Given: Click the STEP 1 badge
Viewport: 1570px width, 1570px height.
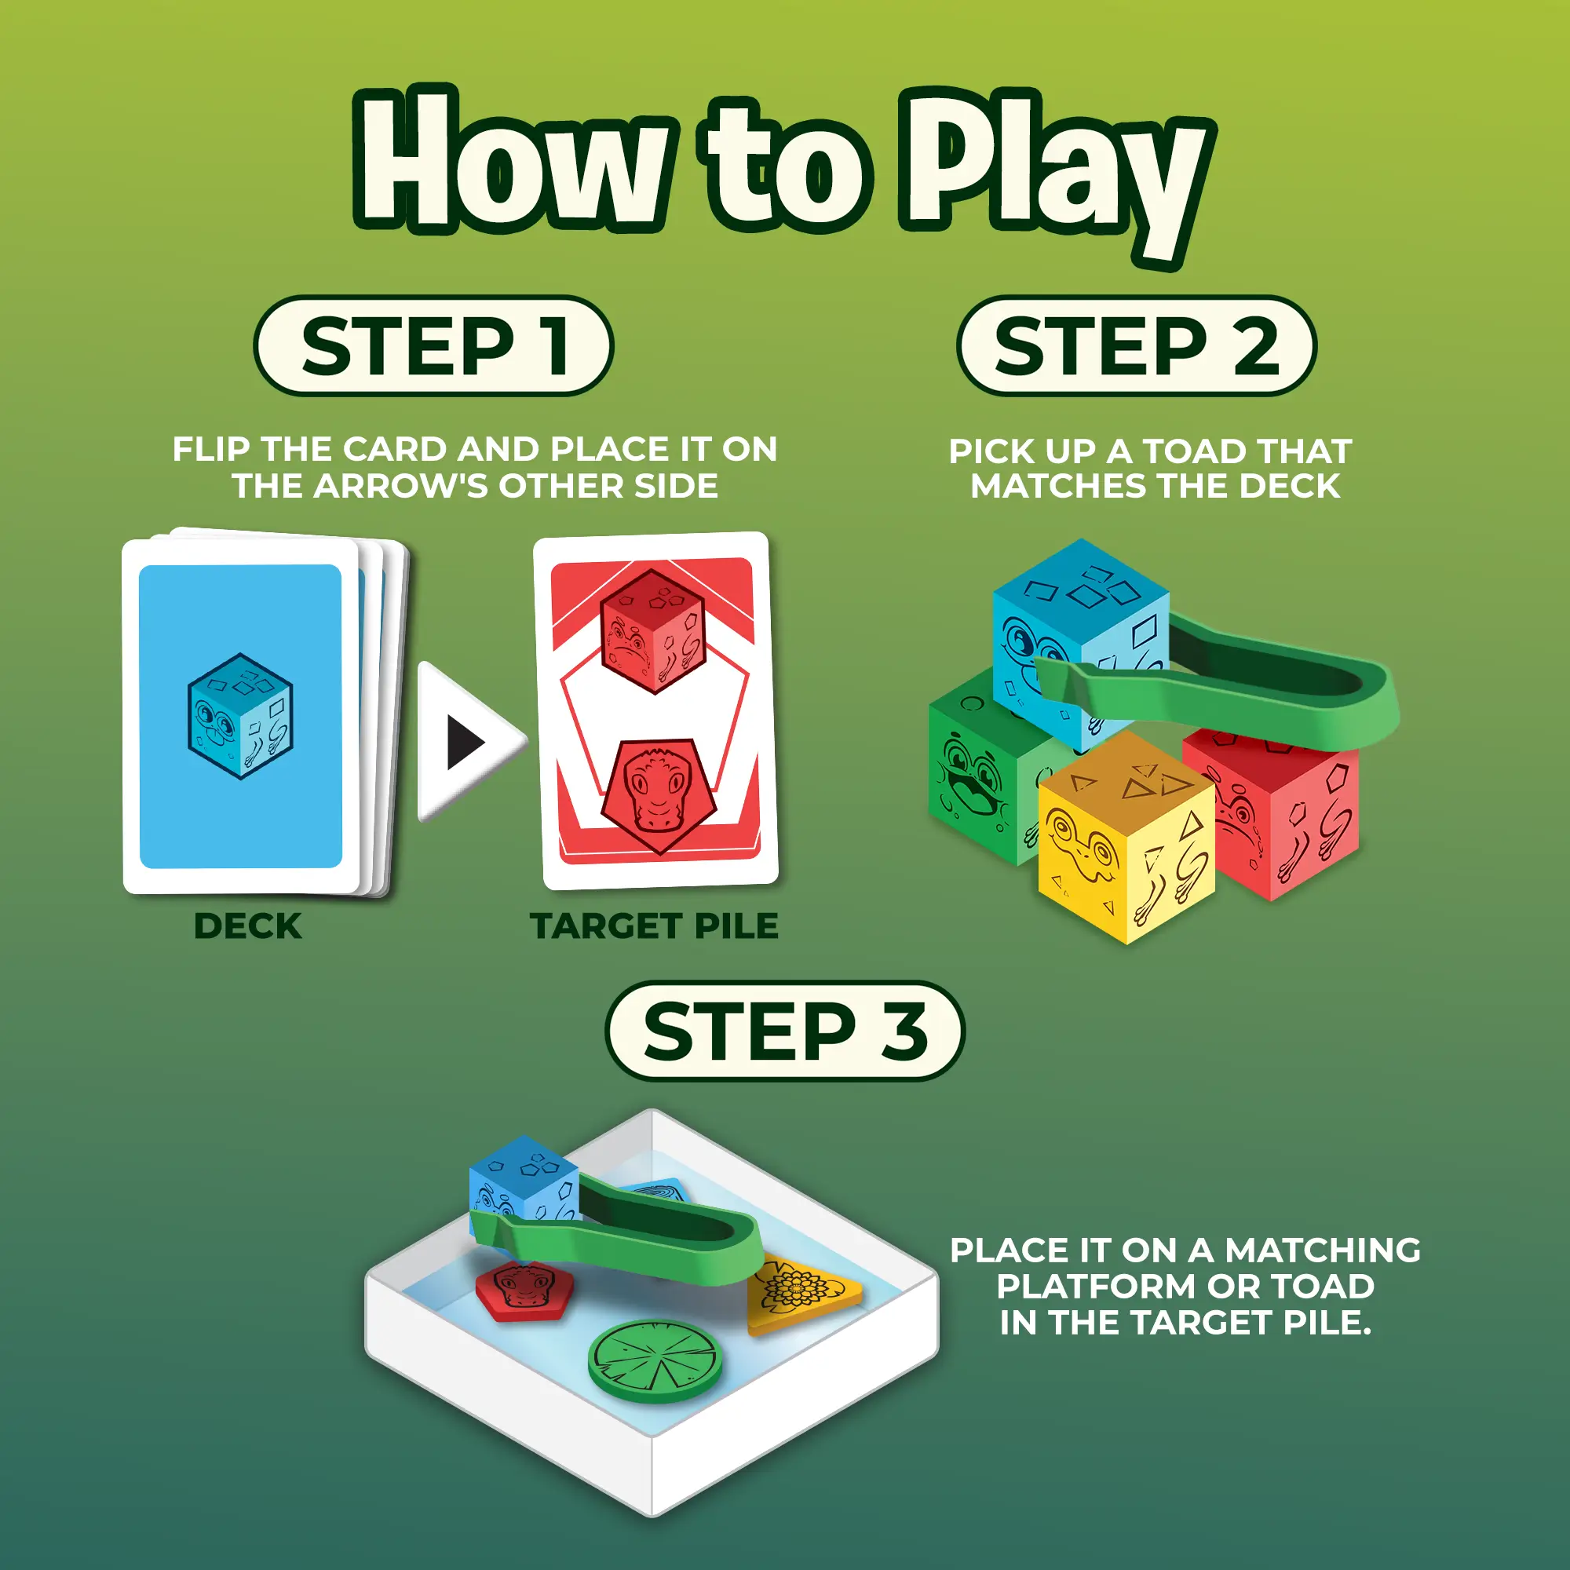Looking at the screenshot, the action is pyautogui.click(x=433, y=345).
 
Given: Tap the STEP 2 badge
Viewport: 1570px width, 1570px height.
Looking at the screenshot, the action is pyautogui.click(x=1136, y=345).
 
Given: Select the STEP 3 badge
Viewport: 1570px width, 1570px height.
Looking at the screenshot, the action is pyautogui.click(x=785, y=1031).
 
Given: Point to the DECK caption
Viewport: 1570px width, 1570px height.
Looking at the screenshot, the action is pyautogui.click(x=248, y=926).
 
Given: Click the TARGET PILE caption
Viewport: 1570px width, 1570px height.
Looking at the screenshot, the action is pyautogui.click(x=654, y=926).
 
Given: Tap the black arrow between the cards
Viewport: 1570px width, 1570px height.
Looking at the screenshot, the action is pyautogui.click(x=466, y=742).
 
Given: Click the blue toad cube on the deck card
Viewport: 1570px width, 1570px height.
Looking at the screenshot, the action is pyautogui.click(x=240, y=716).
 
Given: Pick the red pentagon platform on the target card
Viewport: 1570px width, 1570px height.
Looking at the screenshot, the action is pyautogui.click(x=659, y=794).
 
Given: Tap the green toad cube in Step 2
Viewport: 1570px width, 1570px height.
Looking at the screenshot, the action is pyautogui.click(x=988, y=768).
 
